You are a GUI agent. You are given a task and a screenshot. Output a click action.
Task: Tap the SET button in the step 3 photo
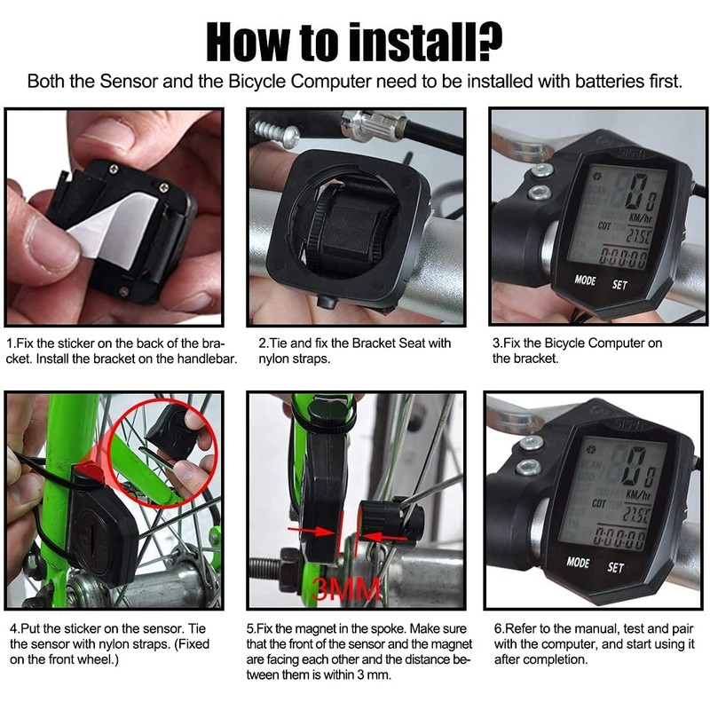coord(619,285)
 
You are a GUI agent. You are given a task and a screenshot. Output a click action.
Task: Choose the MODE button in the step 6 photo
coord(578,562)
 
